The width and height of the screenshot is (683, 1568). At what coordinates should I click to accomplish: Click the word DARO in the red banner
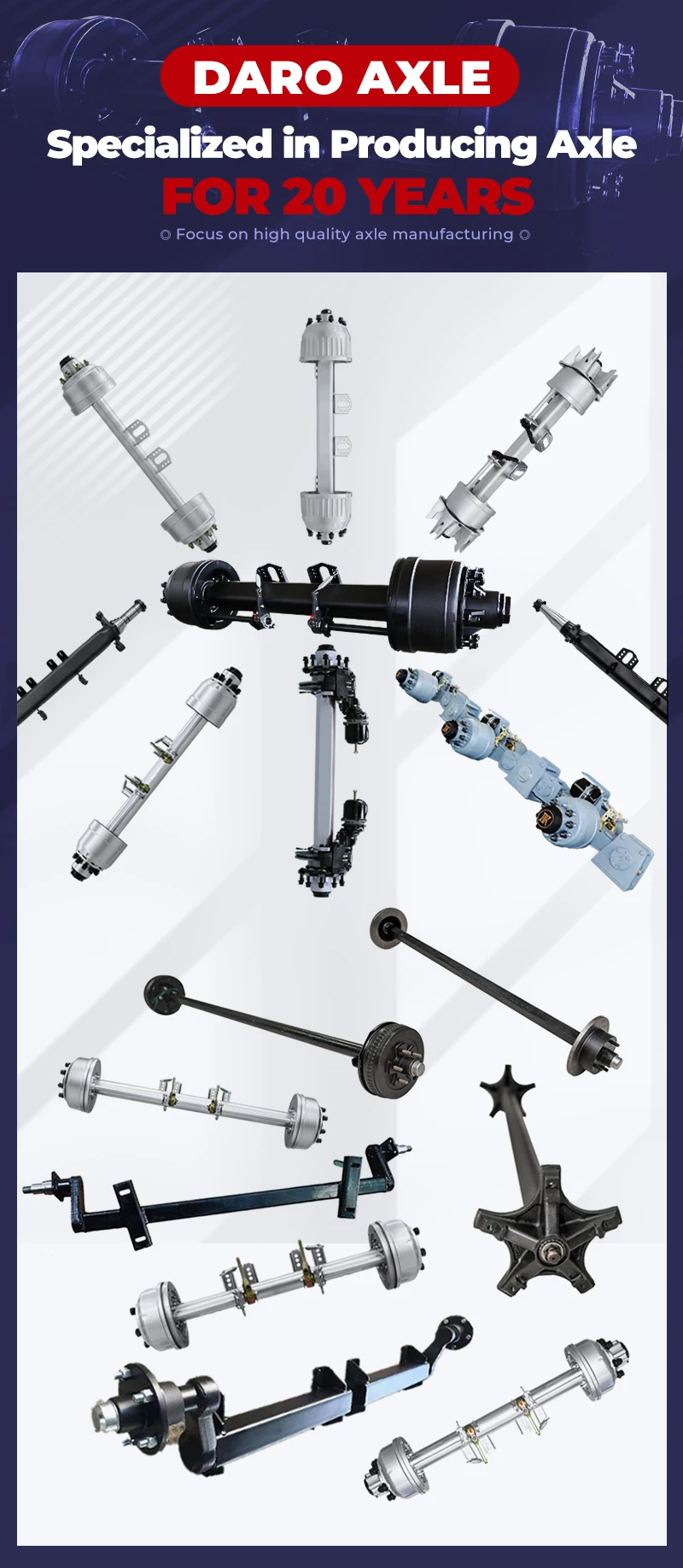[266, 78]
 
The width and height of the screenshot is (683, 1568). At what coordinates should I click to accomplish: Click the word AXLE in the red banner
[423, 78]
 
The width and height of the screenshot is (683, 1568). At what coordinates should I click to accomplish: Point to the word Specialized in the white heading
[160, 145]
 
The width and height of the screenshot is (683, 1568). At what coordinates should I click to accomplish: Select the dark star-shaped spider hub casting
[542, 1179]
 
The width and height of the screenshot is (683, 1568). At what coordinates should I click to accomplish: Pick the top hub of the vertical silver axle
[325, 337]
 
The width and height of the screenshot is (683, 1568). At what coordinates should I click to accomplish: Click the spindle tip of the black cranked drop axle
[31, 1186]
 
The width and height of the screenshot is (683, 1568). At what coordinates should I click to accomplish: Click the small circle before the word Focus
[166, 235]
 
